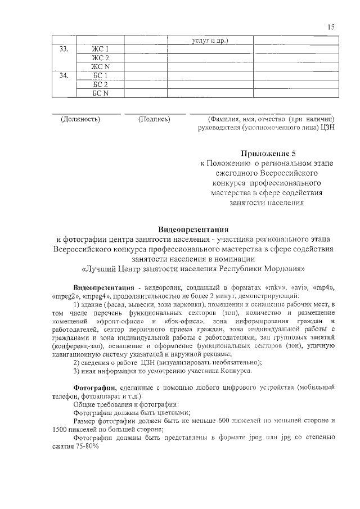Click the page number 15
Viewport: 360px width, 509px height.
(x=331, y=26)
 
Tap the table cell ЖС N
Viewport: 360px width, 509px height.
(x=100, y=66)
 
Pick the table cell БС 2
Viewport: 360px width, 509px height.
(x=100, y=84)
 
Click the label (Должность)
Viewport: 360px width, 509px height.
(x=80, y=119)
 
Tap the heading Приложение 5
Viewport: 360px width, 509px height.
(x=268, y=152)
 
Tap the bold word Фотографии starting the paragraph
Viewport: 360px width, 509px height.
(x=94, y=388)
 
